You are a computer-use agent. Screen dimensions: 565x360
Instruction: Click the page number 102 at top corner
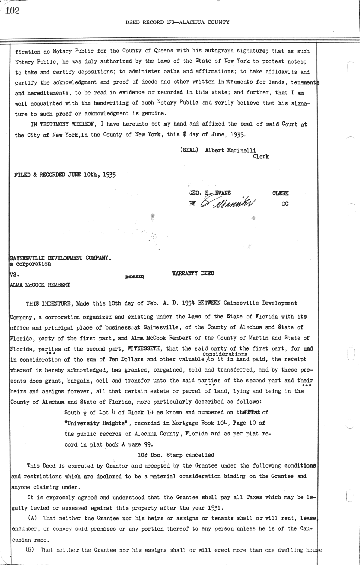pyautogui.click(x=12, y=11)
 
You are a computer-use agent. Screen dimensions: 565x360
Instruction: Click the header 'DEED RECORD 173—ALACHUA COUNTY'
pyautogui.click(x=177, y=22)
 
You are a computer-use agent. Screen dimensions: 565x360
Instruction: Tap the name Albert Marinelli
pyautogui.click(x=230, y=151)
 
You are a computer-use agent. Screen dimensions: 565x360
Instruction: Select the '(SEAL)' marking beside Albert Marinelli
pyautogui.click(x=189, y=150)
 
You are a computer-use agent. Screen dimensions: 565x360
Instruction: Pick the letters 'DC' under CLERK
pyautogui.click(x=285, y=204)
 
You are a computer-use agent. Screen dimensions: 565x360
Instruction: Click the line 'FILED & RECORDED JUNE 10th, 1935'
pyautogui.click(x=65, y=175)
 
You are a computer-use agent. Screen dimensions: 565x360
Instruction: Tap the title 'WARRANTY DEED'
pyautogui.click(x=193, y=273)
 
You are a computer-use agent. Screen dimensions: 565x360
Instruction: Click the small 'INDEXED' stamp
pyautogui.click(x=134, y=277)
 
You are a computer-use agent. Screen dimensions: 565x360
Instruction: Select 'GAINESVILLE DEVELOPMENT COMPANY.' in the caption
pyautogui.click(x=60, y=258)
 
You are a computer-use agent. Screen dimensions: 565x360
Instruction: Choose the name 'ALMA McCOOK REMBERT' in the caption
pyautogui.click(x=40, y=285)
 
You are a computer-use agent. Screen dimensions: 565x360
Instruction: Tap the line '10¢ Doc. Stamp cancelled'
pyautogui.click(x=176, y=455)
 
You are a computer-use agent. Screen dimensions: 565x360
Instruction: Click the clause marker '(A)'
pyautogui.click(x=33, y=518)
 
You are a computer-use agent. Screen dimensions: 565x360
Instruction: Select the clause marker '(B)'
pyautogui.click(x=30, y=550)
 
